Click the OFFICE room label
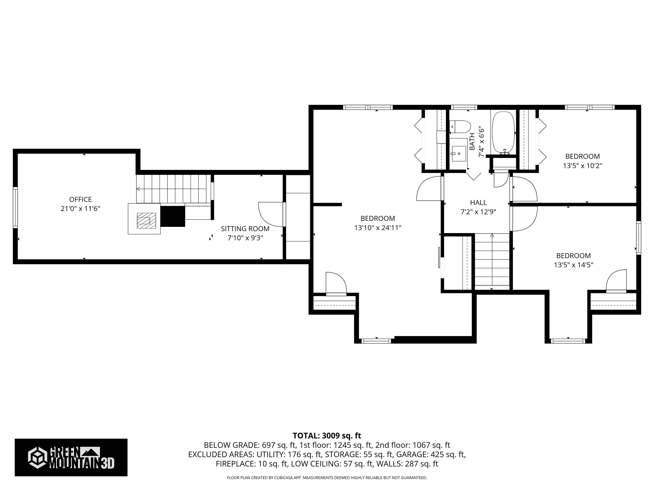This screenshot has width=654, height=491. click(80, 199)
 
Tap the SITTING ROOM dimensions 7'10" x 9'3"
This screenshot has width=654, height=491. click(245, 238)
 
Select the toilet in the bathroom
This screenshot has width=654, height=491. click(460, 127)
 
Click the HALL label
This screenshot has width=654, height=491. click(478, 203)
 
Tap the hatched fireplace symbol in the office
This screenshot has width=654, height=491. click(146, 221)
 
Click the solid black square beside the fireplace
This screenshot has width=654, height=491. click(173, 216)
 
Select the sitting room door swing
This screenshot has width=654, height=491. click(270, 214)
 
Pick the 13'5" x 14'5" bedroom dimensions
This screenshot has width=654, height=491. click(573, 265)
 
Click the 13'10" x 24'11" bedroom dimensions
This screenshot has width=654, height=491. click(377, 228)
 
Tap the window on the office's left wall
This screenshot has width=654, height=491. click(15, 208)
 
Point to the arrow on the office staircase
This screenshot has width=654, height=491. click(138, 189)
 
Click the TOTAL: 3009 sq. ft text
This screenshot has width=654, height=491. click(327, 436)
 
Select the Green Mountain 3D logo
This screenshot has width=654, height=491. click(71, 457)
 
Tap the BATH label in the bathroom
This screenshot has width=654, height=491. click(472, 142)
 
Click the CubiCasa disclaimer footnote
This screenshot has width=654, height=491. click(327, 478)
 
